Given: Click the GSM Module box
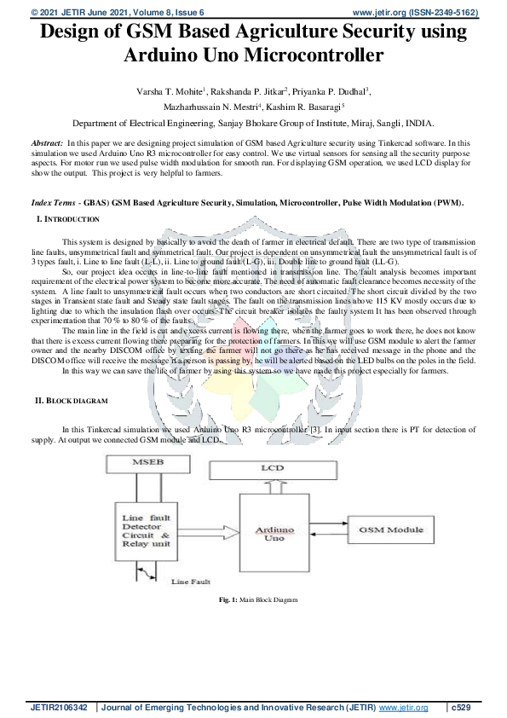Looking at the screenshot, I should point(391,530).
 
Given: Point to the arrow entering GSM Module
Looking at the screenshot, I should point(338,530).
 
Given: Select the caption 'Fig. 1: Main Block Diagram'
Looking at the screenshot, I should point(258,600).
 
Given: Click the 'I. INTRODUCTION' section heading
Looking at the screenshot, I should point(67,219).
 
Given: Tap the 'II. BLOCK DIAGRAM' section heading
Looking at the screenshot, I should point(83,400).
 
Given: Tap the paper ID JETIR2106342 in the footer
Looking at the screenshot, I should point(60,708).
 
